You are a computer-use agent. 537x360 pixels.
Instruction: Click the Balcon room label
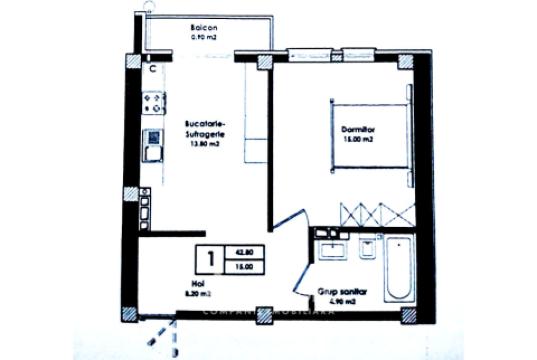coord(205,27)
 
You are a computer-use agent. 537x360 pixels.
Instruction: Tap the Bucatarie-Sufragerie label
coord(204,130)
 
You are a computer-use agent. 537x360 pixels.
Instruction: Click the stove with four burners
coord(154,101)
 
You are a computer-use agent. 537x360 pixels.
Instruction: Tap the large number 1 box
coord(212,259)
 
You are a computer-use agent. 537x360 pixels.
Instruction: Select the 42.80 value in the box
coord(245,252)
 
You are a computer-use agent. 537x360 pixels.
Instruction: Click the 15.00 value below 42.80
coord(245,267)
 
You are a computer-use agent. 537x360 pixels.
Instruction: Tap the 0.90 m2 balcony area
coord(204,37)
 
